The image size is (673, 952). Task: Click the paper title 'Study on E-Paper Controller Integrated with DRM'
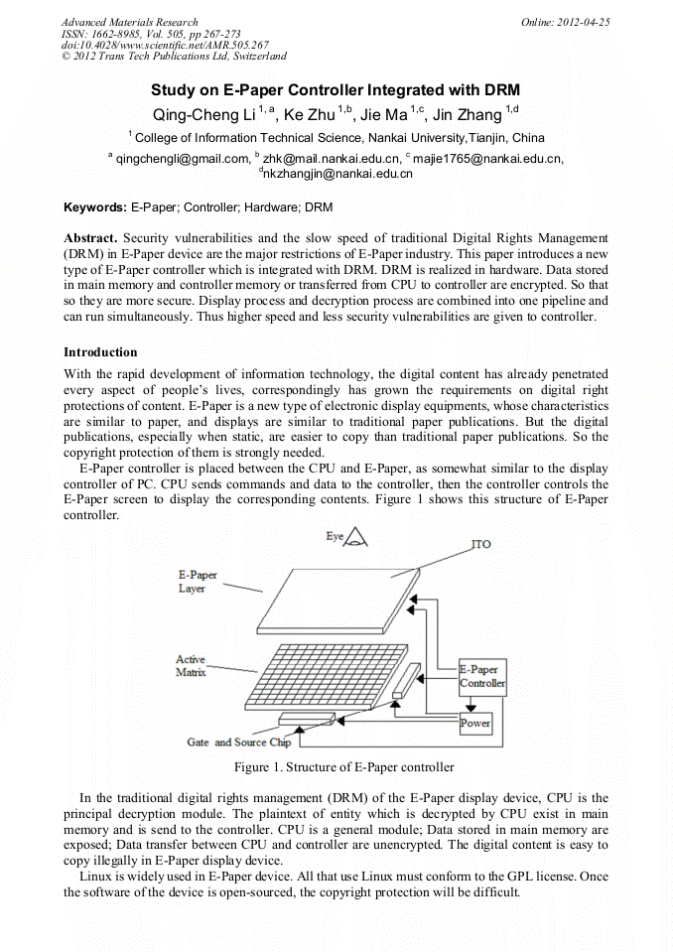336,89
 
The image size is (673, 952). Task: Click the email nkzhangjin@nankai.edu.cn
337,174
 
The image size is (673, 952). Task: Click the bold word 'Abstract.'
90,238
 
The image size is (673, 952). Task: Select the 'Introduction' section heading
100,352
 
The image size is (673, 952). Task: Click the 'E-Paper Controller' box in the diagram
481,677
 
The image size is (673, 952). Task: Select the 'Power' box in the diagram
475,724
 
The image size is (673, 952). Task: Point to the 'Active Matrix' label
191,665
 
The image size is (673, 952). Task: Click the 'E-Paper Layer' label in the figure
197,582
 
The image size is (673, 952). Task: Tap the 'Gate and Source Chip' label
238,742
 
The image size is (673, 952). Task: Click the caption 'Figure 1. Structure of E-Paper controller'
343,767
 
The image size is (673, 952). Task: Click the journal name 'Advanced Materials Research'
129,22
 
